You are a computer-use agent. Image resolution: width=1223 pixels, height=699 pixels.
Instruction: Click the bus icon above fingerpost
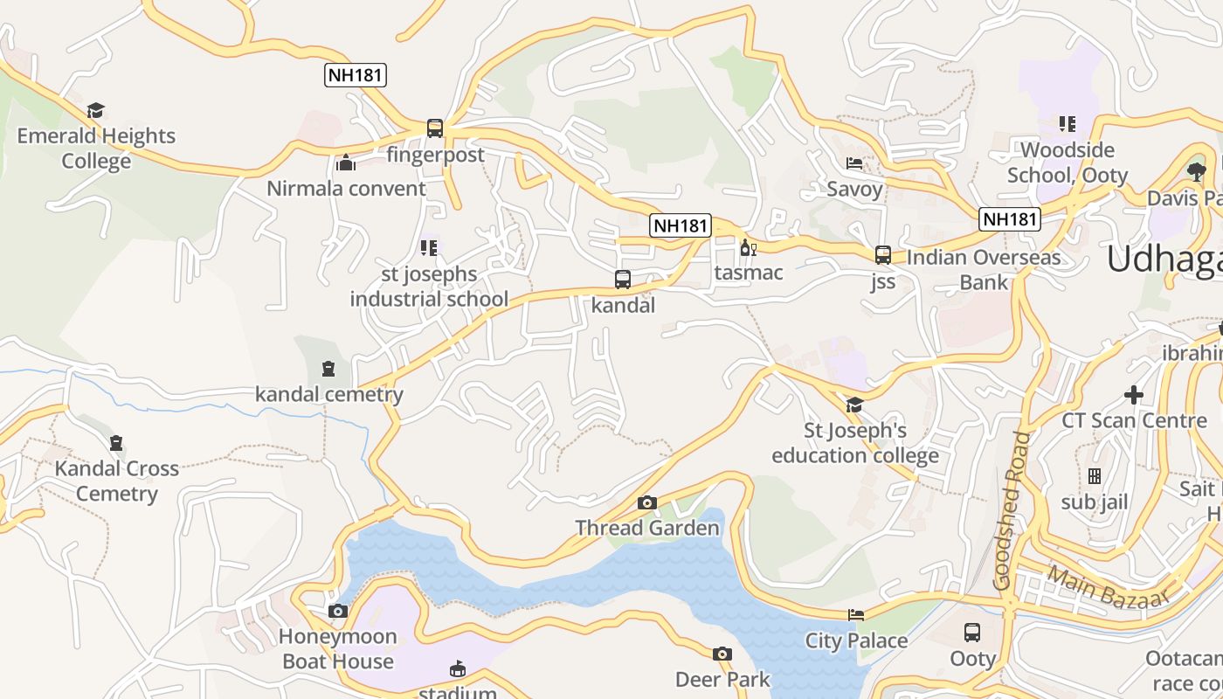coord(434,128)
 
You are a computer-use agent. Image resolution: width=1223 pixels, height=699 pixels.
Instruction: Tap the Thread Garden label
coord(646,528)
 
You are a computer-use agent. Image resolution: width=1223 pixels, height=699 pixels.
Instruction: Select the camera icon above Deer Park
coord(722,654)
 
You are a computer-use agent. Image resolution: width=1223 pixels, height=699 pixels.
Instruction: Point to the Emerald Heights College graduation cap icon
coord(95,111)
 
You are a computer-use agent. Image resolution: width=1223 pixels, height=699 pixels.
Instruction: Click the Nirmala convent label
coord(346,188)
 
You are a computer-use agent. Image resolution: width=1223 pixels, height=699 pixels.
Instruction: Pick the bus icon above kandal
coord(622,280)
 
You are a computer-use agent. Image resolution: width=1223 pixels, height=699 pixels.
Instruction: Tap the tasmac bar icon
coord(747,248)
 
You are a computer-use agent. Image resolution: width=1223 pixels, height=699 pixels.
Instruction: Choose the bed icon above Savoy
coord(853,163)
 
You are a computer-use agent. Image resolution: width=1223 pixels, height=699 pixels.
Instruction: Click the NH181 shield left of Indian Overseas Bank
coord(1010,219)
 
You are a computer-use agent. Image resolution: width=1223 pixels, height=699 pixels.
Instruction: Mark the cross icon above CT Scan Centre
coord(1133,395)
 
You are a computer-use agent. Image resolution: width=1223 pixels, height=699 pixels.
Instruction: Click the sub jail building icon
coord(1094,476)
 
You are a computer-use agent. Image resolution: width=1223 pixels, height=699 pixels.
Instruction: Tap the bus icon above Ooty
coord(972,633)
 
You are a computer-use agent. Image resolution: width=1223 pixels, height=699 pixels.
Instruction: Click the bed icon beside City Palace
coord(856,615)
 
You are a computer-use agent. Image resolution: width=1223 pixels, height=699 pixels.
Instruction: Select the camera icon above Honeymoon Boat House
coord(338,611)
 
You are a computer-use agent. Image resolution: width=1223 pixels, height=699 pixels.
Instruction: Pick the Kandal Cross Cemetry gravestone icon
coord(116,443)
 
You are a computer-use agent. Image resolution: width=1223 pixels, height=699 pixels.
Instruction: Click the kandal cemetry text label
coord(328,394)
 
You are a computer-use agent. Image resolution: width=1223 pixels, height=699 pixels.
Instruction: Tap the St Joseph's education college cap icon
coord(854,405)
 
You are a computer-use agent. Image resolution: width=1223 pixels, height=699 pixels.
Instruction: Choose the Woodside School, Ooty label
coord(1067,163)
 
